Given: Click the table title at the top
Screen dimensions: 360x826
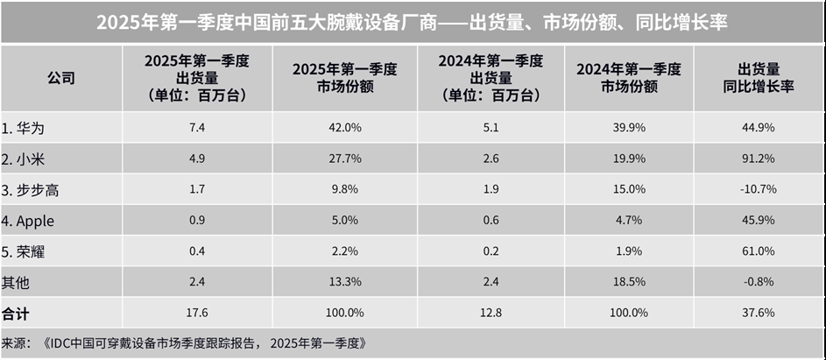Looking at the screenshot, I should [x=412, y=22].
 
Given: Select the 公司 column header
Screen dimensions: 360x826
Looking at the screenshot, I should [x=60, y=78].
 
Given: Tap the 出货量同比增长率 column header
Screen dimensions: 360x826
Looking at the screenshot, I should [x=759, y=78].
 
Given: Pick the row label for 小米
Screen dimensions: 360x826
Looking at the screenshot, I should [x=23, y=159].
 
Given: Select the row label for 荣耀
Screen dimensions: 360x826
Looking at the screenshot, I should [x=23, y=251].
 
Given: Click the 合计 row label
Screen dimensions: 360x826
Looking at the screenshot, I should [x=16, y=313].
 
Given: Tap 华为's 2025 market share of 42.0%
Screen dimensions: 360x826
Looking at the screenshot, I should [x=343, y=128].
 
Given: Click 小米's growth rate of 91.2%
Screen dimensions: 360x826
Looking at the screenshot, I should [x=759, y=159].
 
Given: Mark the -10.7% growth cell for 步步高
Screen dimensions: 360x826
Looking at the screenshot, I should [x=759, y=190].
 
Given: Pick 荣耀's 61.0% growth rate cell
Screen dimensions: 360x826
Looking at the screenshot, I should [x=759, y=251].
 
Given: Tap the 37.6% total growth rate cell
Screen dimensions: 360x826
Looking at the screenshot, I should [x=759, y=313].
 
